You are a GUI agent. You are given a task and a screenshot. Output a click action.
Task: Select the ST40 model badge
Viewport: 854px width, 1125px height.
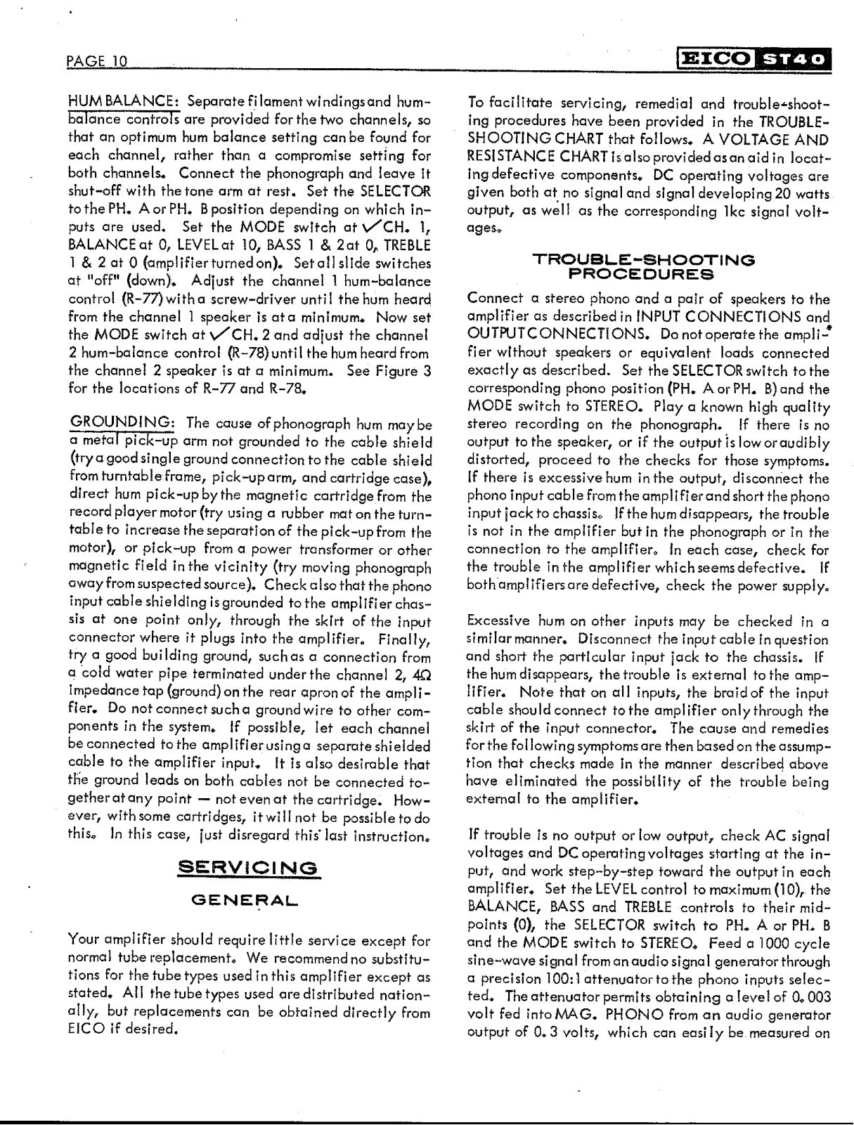coord(794,59)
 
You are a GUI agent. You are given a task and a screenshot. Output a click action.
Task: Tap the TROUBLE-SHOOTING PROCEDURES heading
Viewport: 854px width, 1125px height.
coord(644,266)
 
